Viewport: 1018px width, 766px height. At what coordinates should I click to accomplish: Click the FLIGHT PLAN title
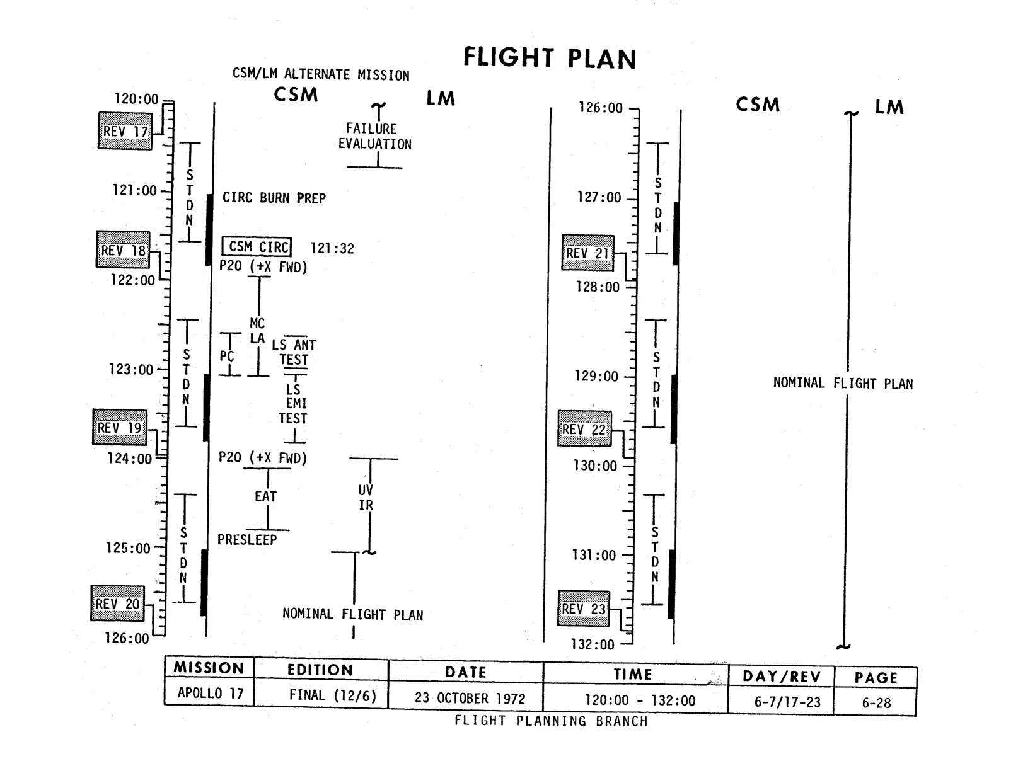click(x=550, y=58)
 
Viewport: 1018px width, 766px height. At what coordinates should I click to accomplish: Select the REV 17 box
click(x=125, y=131)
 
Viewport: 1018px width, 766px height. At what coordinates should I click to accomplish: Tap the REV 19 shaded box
click(x=120, y=428)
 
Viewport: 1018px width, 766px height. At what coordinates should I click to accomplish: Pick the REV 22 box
click(x=584, y=430)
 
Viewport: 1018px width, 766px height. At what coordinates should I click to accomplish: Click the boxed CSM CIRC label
click(x=257, y=246)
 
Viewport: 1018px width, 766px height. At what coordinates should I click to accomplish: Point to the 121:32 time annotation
click(x=332, y=249)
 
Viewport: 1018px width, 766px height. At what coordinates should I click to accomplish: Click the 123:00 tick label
click(x=131, y=370)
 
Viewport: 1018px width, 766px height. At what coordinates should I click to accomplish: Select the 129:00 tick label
click(x=596, y=377)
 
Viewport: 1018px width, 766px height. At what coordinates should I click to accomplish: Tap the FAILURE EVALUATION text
click(x=374, y=137)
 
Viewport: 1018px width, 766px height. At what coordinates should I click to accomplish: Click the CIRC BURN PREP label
click(x=274, y=198)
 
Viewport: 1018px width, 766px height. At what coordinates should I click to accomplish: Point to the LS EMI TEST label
click(x=293, y=404)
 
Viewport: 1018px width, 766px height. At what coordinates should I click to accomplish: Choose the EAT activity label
click(x=265, y=496)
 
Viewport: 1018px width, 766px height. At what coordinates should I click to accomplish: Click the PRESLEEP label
click(x=247, y=540)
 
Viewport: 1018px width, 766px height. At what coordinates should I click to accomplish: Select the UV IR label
click(x=366, y=497)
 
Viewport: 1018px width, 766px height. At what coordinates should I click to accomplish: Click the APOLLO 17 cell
click(x=210, y=693)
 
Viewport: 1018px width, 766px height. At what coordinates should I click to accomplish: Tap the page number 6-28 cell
click(x=876, y=702)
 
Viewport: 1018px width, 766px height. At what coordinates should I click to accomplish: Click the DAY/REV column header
click(x=781, y=677)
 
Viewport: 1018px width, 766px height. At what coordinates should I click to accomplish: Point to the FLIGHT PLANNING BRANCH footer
click(x=551, y=721)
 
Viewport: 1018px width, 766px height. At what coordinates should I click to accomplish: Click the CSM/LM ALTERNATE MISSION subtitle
click(x=321, y=75)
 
